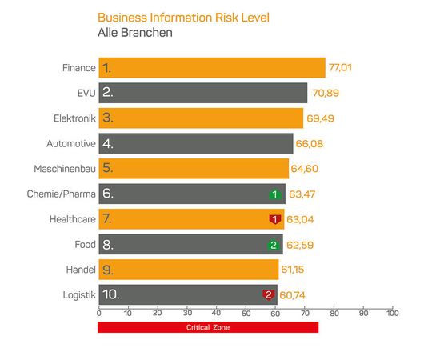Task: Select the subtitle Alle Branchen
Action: [134, 33]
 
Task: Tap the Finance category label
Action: [78, 68]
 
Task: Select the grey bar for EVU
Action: [202, 93]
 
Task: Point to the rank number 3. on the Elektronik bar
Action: [108, 118]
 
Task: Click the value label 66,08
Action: [311, 144]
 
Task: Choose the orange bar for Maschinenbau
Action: [193, 169]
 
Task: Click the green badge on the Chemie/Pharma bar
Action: [274, 194]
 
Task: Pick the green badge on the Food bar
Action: [273, 245]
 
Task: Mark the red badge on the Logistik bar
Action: [269, 294]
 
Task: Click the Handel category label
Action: [81, 270]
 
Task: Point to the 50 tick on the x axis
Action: [246, 314]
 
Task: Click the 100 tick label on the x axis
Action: [392, 314]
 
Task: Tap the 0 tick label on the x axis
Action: [98, 314]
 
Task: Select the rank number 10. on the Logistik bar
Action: [111, 294]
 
